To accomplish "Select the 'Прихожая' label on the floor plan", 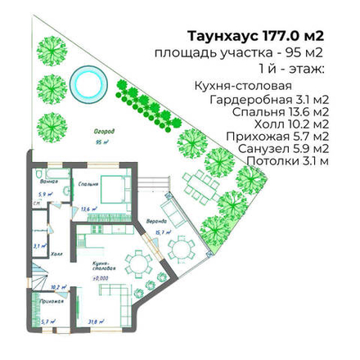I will [52, 302].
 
